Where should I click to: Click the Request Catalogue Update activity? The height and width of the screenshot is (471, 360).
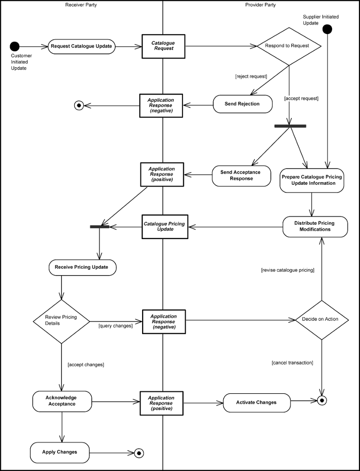(x=82, y=47)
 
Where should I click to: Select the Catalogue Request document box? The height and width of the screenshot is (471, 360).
(x=163, y=46)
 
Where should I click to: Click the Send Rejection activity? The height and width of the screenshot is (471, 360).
(x=242, y=104)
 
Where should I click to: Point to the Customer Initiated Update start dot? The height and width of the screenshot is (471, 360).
(x=15, y=47)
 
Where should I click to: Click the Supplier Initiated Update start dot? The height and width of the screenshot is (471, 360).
(x=327, y=29)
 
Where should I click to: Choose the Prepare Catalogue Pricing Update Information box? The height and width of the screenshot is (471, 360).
(x=312, y=180)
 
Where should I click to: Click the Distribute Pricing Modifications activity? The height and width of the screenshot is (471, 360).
(x=314, y=226)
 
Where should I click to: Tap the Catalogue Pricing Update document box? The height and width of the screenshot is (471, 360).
(x=163, y=226)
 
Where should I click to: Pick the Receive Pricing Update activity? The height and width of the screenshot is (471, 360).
(x=82, y=267)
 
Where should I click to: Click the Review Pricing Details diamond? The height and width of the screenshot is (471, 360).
(x=61, y=320)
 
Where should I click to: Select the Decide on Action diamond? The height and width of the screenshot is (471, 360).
(x=321, y=320)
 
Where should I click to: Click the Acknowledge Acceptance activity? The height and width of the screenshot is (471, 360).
(x=61, y=401)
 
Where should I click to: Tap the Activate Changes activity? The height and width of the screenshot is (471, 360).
(x=257, y=402)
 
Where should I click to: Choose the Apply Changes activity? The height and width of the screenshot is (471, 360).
(x=60, y=452)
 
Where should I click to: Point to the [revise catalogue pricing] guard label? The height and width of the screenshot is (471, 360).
(x=288, y=270)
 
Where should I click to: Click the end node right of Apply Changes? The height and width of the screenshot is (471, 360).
(x=139, y=452)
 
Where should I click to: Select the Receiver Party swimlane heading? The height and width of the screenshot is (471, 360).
(x=82, y=5)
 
